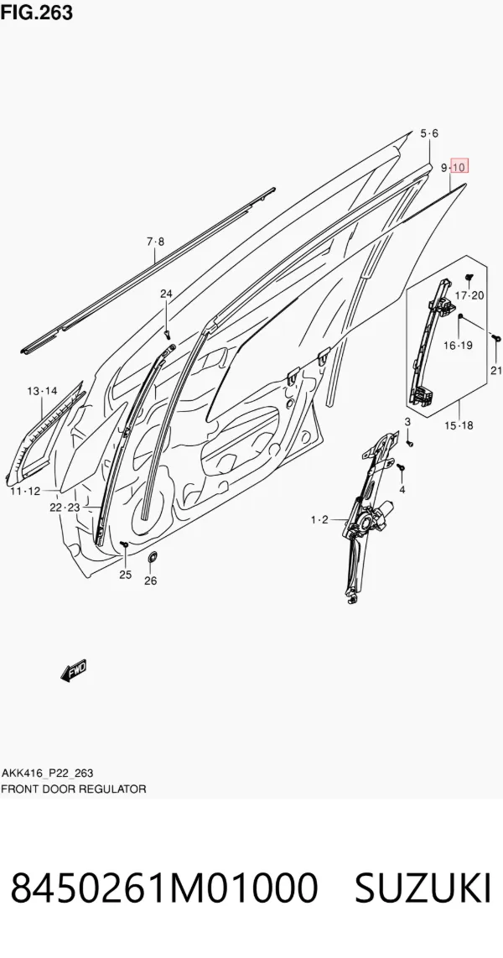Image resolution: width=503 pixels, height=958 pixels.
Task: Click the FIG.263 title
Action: click(37, 12)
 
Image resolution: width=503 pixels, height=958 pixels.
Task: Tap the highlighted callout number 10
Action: click(459, 167)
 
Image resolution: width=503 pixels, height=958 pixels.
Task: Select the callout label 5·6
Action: click(430, 134)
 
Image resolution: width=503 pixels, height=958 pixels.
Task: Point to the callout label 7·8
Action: click(155, 242)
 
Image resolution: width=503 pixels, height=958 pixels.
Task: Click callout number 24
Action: click(166, 294)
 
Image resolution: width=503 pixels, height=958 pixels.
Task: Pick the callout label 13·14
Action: click(42, 390)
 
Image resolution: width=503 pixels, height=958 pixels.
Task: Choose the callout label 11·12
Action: click(25, 492)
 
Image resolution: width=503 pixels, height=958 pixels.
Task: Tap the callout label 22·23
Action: click(65, 508)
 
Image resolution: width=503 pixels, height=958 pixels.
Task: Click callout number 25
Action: click(125, 575)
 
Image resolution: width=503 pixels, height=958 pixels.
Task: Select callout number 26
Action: click(150, 581)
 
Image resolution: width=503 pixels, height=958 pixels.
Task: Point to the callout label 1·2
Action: click(319, 520)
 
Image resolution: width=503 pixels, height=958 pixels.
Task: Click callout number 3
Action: click(407, 422)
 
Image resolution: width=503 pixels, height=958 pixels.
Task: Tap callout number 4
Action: click(402, 489)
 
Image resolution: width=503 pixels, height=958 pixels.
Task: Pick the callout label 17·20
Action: click(470, 296)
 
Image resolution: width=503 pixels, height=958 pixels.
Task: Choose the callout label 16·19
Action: click(458, 346)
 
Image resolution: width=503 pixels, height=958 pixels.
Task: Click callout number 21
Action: click(496, 370)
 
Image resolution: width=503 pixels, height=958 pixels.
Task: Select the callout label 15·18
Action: click(459, 426)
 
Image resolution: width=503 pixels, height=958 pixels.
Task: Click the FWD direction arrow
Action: click(74, 670)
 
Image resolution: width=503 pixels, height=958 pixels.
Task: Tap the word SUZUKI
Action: click(423, 888)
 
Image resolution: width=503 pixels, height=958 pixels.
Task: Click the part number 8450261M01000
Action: click(164, 888)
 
